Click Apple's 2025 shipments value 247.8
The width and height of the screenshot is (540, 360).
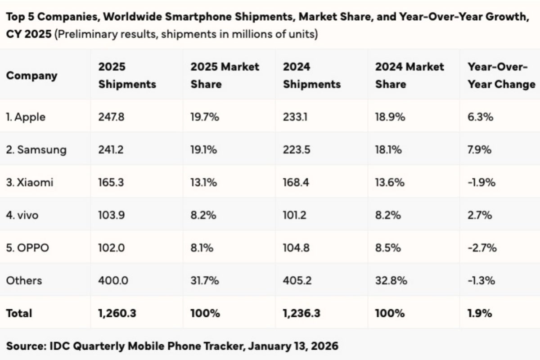111,117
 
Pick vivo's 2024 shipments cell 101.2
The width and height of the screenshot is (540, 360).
296,215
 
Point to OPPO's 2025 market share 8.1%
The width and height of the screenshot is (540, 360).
202,247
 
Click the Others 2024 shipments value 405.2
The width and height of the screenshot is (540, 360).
297,280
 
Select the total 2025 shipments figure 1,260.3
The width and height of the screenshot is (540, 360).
117,313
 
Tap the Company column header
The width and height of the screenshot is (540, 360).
32,75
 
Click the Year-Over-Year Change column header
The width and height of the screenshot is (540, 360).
501,75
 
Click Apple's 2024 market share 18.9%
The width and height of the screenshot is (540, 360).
390,117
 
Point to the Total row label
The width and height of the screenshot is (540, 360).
19,313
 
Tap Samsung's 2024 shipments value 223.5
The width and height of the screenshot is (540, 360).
297,149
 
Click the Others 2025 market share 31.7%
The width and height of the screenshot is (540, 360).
205,280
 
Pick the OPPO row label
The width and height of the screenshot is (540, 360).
27,247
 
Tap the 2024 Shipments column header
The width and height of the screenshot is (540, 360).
311,75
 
